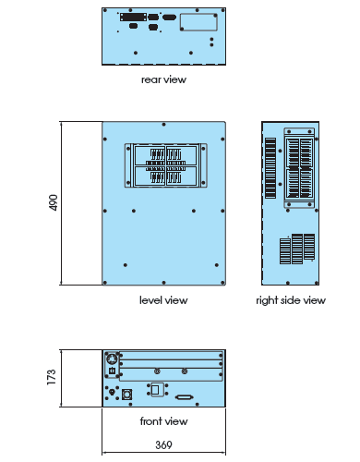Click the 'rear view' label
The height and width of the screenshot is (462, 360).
[163, 79]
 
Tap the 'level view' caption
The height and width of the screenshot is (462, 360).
[163, 300]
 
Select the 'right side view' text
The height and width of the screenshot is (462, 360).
[291, 300]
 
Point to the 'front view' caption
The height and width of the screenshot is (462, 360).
[163, 420]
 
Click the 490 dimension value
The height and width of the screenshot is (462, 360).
[54, 202]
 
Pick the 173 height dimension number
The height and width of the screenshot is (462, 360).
[52, 377]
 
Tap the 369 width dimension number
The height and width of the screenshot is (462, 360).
[163, 444]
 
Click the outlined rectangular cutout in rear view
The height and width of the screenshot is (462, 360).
[198, 22]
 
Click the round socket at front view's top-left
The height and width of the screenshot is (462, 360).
[112, 359]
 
